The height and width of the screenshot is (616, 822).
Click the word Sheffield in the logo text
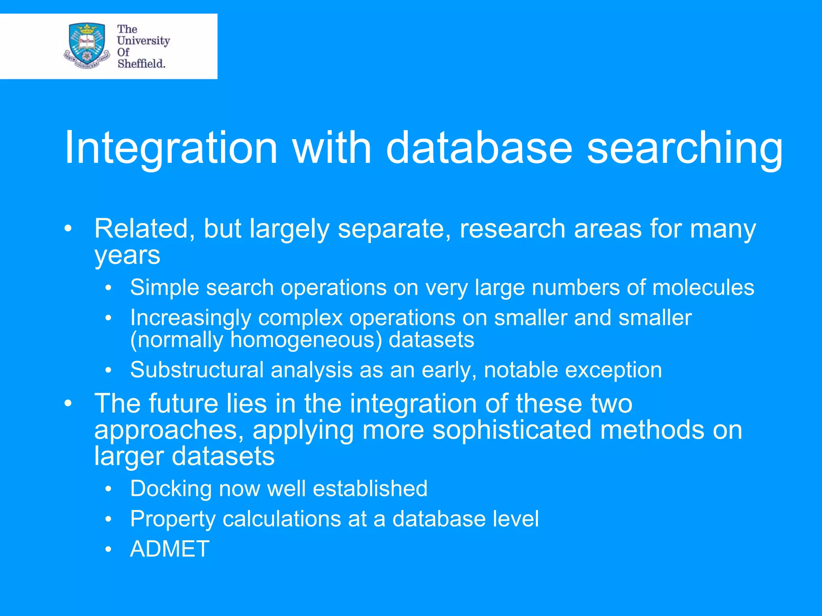click(141, 64)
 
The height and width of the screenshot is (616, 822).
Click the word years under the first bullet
click(127, 255)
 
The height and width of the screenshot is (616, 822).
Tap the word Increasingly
click(191, 318)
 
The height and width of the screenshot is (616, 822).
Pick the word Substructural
click(197, 370)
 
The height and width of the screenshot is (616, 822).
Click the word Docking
click(171, 488)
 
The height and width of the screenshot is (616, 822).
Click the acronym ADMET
click(170, 549)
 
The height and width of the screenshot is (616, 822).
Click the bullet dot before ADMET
click(108, 549)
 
